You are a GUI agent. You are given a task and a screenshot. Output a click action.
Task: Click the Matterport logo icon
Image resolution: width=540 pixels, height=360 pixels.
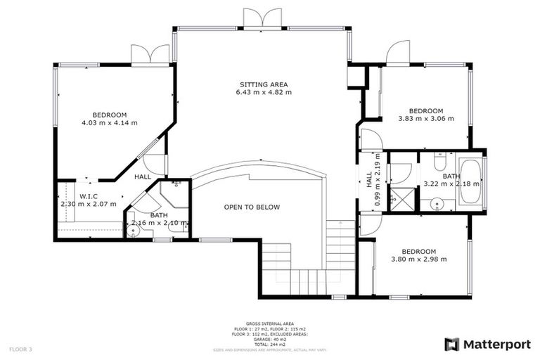click(x=451, y=344)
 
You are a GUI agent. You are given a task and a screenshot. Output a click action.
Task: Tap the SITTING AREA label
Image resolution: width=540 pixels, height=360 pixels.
click(x=263, y=84)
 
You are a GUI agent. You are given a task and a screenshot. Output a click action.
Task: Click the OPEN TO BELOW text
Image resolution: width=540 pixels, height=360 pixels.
click(x=252, y=207)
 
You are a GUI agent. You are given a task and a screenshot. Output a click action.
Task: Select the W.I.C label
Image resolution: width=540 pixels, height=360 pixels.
click(x=88, y=196)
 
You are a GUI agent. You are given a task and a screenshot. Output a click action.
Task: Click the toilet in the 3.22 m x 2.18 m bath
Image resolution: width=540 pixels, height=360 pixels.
click(x=437, y=164)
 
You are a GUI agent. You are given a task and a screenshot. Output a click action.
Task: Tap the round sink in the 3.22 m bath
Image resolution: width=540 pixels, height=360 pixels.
click(x=437, y=205)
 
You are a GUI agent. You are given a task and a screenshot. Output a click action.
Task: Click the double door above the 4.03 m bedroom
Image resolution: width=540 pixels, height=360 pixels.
click(x=150, y=55)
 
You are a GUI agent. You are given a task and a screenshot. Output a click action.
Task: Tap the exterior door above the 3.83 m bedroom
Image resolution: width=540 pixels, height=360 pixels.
click(x=398, y=51)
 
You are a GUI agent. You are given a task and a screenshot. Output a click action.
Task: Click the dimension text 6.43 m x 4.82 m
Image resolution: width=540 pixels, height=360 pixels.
click(x=263, y=92)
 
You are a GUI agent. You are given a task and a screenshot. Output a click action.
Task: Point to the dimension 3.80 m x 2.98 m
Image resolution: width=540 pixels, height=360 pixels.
click(x=419, y=259)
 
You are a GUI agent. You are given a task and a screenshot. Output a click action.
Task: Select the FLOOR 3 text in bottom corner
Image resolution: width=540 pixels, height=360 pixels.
click(x=21, y=349)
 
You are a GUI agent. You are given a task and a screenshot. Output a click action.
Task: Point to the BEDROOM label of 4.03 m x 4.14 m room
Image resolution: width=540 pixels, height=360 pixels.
click(x=109, y=115)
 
